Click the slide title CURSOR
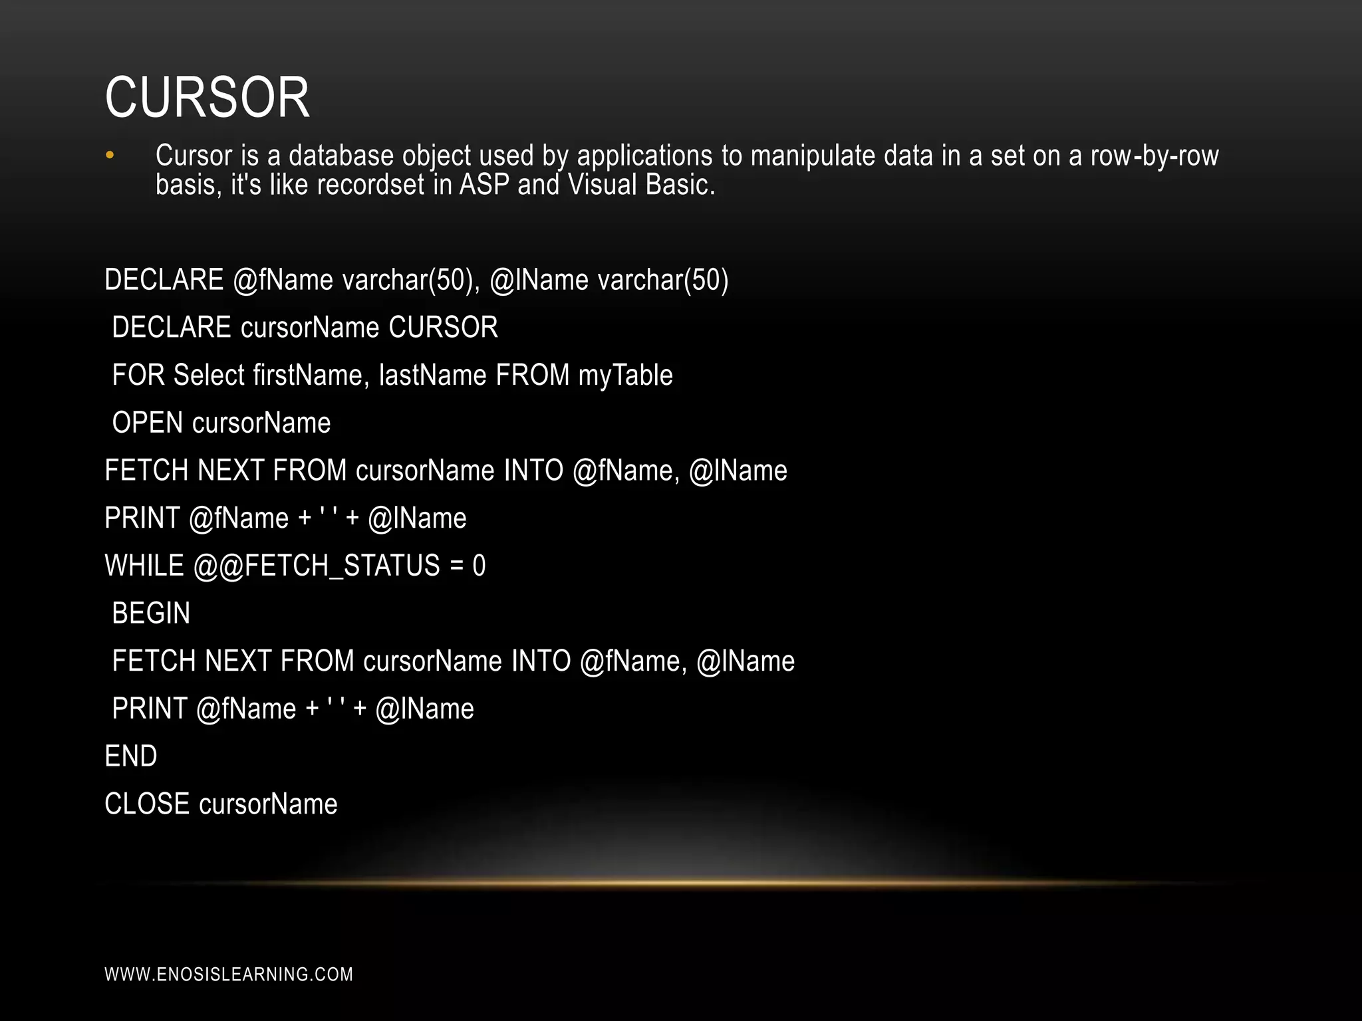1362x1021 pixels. pyautogui.click(x=207, y=98)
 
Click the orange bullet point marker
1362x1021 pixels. pyautogui.click(x=110, y=156)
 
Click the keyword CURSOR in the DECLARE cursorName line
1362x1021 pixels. pyautogui.click(x=443, y=327)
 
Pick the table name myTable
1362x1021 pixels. pyautogui.click(x=625, y=376)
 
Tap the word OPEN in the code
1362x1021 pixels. pyautogui.click(x=147, y=423)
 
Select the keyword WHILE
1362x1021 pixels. pyautogui.click(x=144, y=566)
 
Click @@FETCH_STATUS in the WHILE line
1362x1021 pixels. pyautogui.click(x=317, y=566)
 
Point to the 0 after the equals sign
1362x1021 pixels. pyautogui.click(x=479, y=566)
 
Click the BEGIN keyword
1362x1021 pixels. pyautogui.click(x=151, y=613)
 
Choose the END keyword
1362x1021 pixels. pyautogui.click(x=131, y=756)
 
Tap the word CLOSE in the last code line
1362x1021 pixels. pyautogui.click(x=147, y=804)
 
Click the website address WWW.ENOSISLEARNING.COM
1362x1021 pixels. pyautogui.click(x=229, y=974)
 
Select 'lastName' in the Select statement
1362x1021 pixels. pyautogui.click(x=432, y=375)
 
